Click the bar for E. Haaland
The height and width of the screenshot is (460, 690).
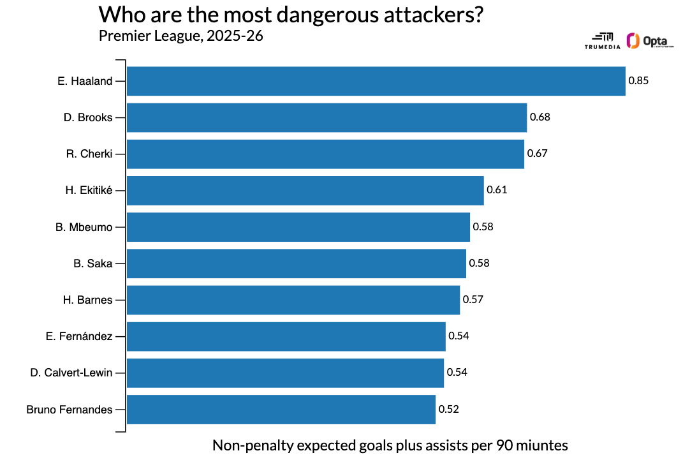click(x=376, y=81)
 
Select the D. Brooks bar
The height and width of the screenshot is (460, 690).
click(x=327, y=117)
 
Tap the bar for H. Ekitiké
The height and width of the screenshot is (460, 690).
click(x=305, y=190)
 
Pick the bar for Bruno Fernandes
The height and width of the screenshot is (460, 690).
click(x=281, y=409)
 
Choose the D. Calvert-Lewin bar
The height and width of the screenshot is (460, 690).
click(x=285, y=373)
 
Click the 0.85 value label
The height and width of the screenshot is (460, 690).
click(x=638, y=81)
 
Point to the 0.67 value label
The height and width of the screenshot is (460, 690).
click(x=537, y=154)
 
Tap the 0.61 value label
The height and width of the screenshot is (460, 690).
click(x=497, y=190)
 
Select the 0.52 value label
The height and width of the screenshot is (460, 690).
click(x=448, y=409)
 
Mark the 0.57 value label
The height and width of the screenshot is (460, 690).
click(x=473, y=300)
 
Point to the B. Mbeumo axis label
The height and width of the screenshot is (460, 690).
click(x=84, y=226)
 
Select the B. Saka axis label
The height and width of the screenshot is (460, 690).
click(x=93, y=263)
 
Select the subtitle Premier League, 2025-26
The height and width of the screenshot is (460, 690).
click(x=181, y=36)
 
